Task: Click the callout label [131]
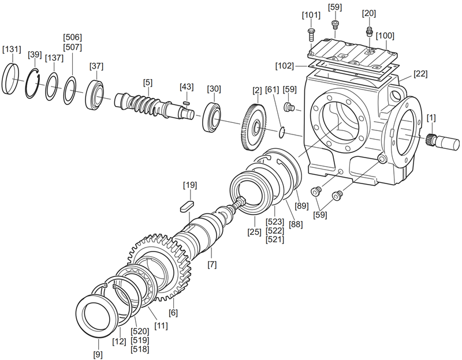point(12,50)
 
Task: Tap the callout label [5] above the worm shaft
point(148,82)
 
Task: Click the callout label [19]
point(190,185)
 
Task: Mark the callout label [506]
point(72,37)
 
